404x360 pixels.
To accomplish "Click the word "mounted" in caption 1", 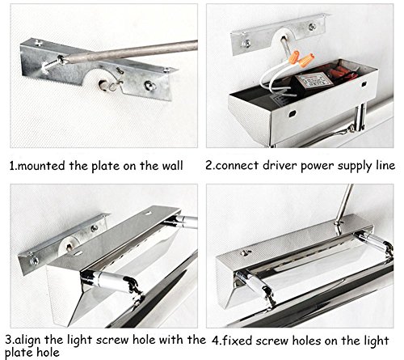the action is point(41,166).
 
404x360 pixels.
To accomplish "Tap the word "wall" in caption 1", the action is point(172,165).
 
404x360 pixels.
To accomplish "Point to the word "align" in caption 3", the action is point(28,341).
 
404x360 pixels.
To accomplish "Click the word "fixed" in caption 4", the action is point(238,341).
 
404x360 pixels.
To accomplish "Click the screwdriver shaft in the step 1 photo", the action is point(132,51).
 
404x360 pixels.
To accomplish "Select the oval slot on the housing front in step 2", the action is point(292,113).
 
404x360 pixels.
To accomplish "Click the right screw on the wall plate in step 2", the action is point(312,27).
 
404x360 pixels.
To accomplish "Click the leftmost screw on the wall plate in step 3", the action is point(34,260).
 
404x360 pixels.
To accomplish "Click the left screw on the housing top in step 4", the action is point(245,252).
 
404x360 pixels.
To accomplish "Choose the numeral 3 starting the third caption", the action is point(8,340).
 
